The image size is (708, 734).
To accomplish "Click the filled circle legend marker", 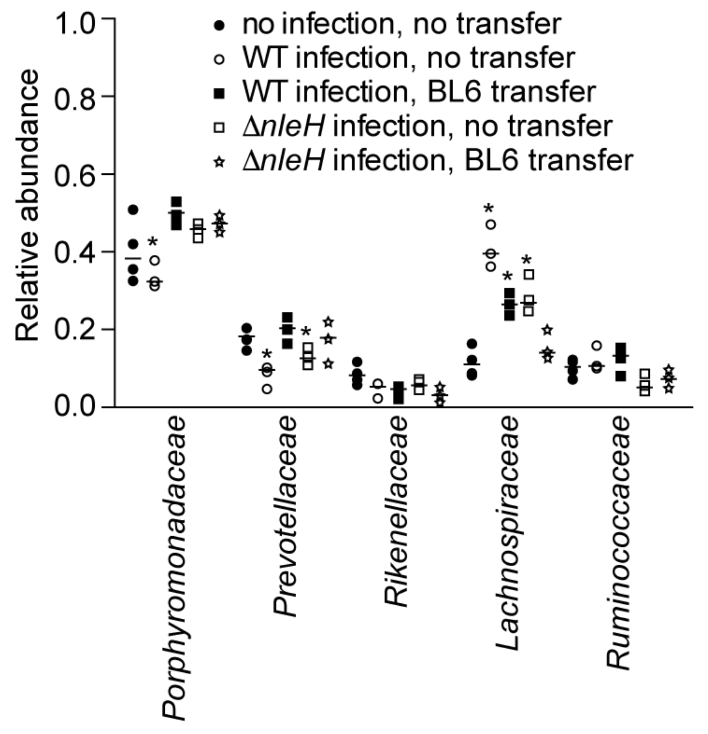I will tap(219, 26).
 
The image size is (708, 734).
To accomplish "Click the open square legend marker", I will tap(219, 127).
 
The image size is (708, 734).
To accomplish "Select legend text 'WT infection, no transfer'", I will tap(408, 58).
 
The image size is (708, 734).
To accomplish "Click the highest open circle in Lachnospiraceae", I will tap(490, 224).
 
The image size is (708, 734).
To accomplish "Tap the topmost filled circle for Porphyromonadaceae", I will tap(133, 210).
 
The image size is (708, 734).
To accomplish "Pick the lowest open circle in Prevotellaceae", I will tap(267, 389).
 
